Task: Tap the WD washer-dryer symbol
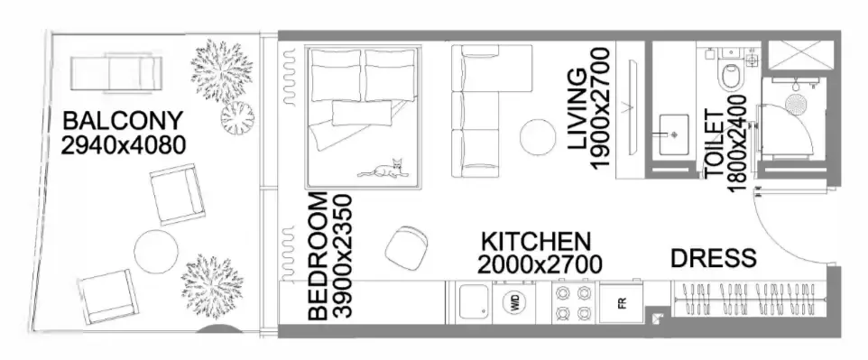514,302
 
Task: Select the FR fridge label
623,303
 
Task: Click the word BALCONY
123,121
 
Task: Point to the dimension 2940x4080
123,145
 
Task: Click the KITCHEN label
536,242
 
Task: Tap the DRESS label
714,258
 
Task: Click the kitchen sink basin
471,302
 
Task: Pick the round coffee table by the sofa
538,137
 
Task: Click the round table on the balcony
156,252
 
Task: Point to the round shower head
796,105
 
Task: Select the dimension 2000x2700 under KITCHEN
540,264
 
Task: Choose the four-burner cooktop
573,302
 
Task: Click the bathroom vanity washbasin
674,134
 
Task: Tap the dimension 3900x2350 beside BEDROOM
343,256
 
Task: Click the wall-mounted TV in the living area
630,108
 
